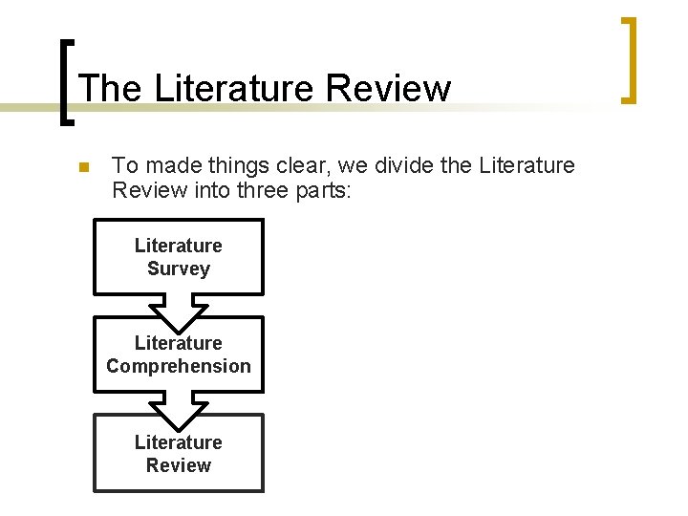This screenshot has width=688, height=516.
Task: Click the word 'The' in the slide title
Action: click(x=110, y=89)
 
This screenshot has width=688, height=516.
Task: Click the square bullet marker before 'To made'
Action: click(x=83, y=167)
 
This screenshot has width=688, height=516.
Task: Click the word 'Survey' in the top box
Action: click(x=179, y=269)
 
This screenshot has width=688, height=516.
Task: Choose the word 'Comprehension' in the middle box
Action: click(x=179, y=366)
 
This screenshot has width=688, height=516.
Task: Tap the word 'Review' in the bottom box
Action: click(x=179, y=465)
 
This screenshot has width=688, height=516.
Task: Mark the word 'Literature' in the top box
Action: click(x=179, y=246)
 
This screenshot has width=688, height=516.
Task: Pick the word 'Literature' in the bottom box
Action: click(x=179, y=441)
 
